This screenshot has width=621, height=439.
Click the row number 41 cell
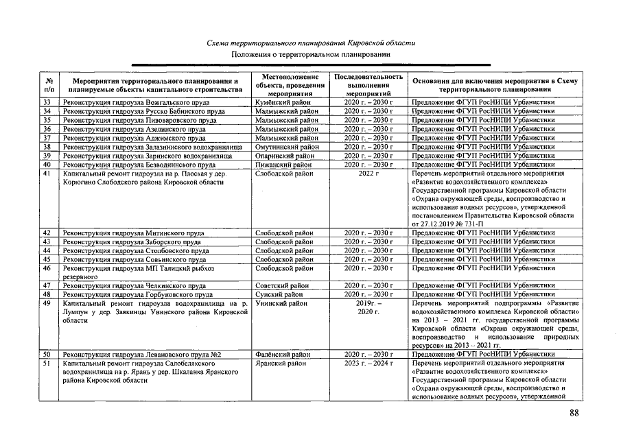47,174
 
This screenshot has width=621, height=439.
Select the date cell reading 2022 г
368,174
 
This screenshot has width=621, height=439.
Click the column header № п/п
48,85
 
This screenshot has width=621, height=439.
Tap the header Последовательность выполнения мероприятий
368,84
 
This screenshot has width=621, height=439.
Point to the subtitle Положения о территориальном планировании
311,54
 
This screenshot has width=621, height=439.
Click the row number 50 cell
47,355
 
